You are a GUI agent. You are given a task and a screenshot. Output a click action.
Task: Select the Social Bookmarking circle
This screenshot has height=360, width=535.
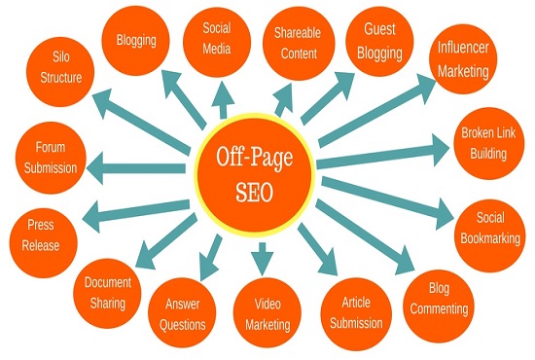click(x=489, y=223)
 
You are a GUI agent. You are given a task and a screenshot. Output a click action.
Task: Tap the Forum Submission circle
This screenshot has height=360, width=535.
click(x=52, y=156)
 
